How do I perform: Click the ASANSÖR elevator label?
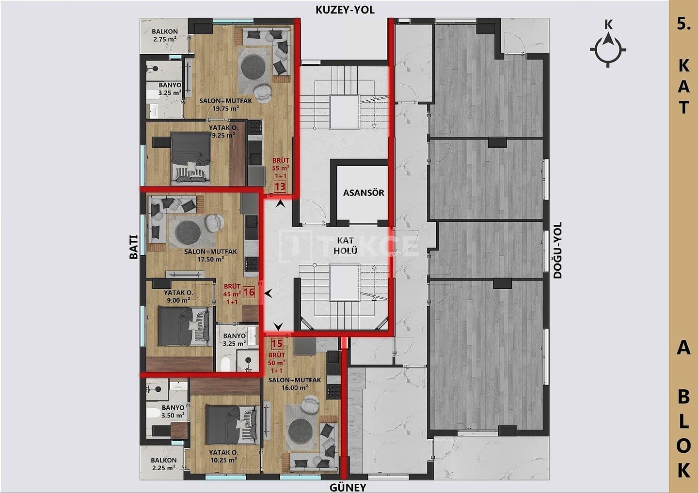tap(364, 193)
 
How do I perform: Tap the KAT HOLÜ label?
tap(346, 245)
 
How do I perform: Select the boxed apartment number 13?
tap(280, 186)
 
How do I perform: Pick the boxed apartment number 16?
tap(249, 292)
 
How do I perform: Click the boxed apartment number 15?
tap(277, 344)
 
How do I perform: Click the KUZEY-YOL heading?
tap(345, 10)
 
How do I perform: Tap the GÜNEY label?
tap(348, 487)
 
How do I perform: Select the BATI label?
tap(133, 246)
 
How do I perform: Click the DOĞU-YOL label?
tap(557, 250)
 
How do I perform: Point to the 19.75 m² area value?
tap(225, 108)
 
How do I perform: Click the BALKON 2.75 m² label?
tap(164, 35)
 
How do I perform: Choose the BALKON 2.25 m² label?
tap(164, 464)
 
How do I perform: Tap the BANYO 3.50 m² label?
tap(173, 411)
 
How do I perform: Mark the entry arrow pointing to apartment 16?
tap(269, 293)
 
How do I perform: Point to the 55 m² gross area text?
tap(281, 168)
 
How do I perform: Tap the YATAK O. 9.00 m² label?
tap(178, 296)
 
